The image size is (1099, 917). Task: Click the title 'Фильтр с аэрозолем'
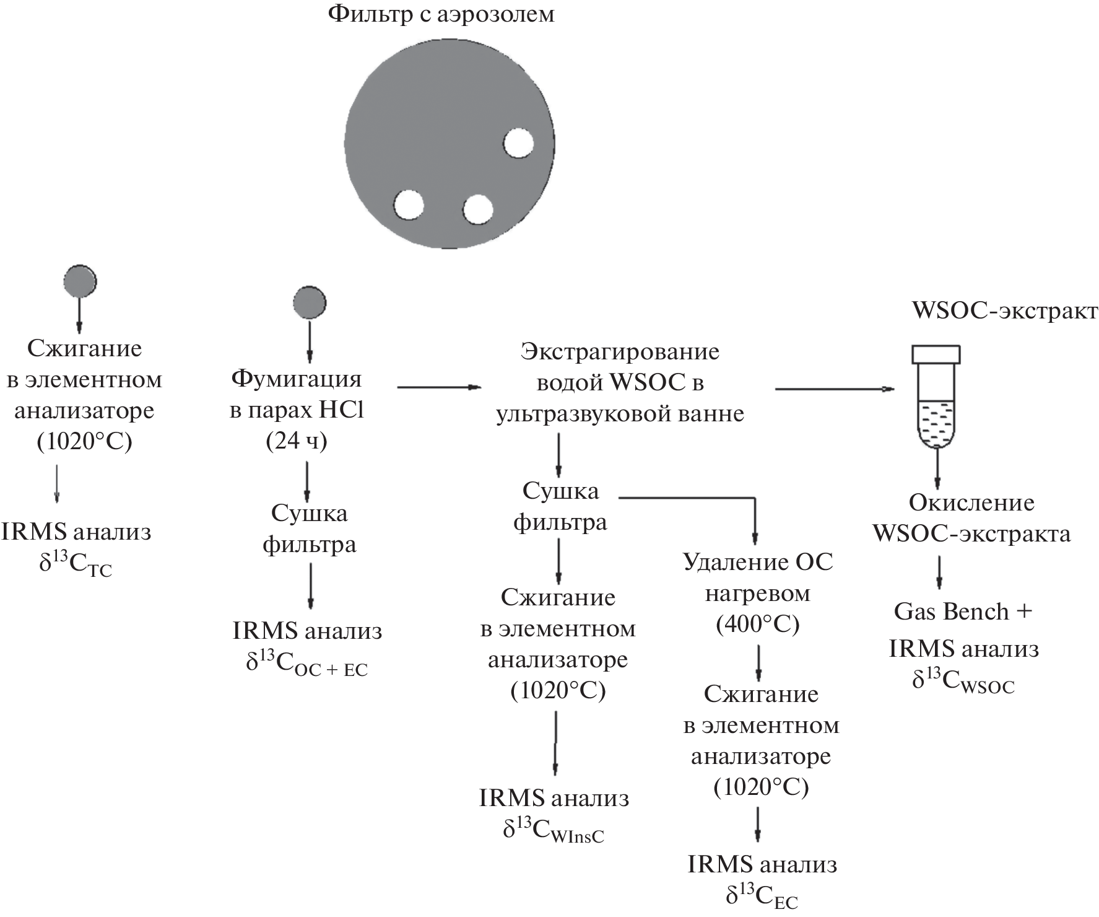coord(441,14)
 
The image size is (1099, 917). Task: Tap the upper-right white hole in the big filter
coord(518,144)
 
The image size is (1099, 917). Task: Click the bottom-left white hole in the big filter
coord(409,204)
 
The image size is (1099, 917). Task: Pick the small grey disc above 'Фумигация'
coord(309,303)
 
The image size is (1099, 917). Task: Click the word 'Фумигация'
coord(296,378)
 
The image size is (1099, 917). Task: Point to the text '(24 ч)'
coord(297,441)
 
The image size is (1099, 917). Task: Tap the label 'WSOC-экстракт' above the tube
coord(1004,311)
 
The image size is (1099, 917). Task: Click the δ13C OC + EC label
coord(307,664)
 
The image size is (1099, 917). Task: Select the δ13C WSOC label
coord(963,682)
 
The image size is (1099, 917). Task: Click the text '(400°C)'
coord(758,625)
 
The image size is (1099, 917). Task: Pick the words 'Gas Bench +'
coord(963,612)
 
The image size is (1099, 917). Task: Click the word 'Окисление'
coord(971,502)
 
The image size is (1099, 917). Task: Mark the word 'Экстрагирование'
coord(620,352)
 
